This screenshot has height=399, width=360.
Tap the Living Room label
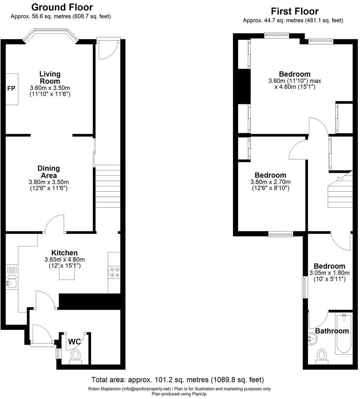50,78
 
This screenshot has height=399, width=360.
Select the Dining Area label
49,172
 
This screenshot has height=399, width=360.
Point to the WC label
75,342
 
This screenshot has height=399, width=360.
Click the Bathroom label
332,331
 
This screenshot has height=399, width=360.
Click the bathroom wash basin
313,340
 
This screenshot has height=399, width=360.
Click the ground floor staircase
108,186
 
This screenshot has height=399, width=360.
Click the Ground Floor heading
62,7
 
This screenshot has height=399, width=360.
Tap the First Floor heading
294,11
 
